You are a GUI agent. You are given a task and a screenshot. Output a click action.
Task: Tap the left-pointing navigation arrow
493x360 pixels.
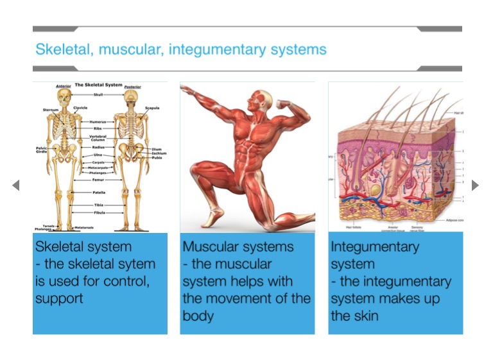[x=16, y=185]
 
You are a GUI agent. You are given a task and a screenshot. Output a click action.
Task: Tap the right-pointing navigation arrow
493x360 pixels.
[x=475, y=185]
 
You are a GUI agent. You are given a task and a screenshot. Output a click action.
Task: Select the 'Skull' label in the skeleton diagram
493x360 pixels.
[x=97, y=94]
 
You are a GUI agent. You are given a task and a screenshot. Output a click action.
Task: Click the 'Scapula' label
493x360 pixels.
[x=152, y=108]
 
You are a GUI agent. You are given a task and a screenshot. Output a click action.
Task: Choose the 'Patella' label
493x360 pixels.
[x=99, y=192]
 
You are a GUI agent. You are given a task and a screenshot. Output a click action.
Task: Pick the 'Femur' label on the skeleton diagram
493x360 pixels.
[x=98, y=180]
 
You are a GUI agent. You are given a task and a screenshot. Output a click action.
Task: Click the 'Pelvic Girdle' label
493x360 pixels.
[x=42, y=150]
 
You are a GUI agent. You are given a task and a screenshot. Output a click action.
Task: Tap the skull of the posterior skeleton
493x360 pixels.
[x=131, y=97]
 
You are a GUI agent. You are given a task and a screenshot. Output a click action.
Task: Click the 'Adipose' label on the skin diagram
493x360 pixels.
[x=453, y=220]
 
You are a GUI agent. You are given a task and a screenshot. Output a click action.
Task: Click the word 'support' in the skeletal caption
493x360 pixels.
[x=59, y=298]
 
